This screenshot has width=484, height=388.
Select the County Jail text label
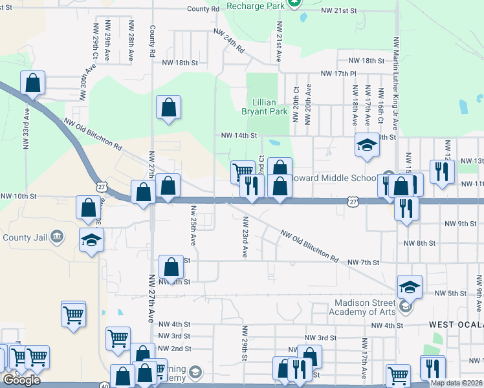(25, 237)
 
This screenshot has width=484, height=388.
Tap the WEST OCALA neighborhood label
(456, 323)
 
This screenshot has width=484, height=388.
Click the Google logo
(22, 380)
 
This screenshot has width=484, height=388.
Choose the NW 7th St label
(362, 262)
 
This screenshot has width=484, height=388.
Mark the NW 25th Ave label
(193, 226)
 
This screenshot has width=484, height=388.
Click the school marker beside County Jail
(92, 239)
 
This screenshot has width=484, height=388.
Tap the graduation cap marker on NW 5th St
(409, 286)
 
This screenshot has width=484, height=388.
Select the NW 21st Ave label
(279, 41)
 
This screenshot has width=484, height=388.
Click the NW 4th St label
(173, 324)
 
